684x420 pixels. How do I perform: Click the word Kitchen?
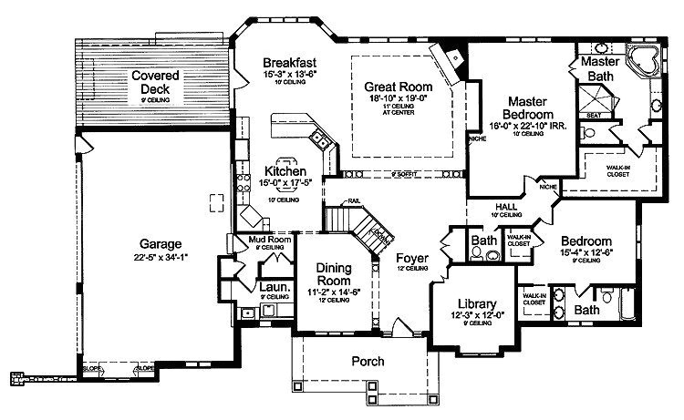point(286,170)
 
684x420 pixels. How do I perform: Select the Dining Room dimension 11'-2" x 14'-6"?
point(339,292)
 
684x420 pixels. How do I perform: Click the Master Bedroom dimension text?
point(528,126)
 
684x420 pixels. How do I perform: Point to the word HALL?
point(506,207)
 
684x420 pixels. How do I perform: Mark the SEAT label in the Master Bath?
point(594,115)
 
